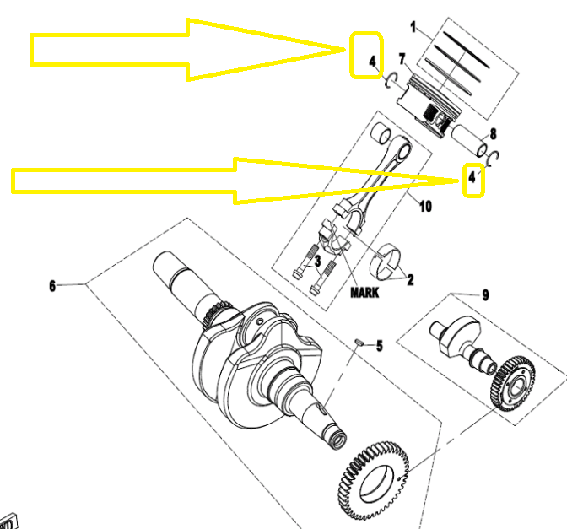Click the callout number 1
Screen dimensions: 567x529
point(413,27)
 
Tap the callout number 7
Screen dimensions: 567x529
point(402,59)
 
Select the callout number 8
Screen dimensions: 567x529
point(494,134)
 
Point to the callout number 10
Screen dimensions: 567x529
point(425,207)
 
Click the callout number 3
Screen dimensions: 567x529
point(317,261)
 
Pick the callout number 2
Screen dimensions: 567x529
point(410,279)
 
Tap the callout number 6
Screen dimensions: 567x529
point(52,286)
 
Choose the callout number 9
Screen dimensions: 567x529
point(485,295)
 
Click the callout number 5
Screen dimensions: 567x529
point(380,346)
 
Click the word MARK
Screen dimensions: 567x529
point(364,293)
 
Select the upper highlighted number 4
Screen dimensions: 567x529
point(372,62)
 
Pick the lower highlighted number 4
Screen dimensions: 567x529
point(472,177)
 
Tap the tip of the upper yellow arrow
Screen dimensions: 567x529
point(345,50)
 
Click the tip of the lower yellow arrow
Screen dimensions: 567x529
point(459,181)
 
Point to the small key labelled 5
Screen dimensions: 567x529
point(359,342)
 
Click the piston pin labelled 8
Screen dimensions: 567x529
point(469,141)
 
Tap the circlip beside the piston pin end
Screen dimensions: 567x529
point(494,158)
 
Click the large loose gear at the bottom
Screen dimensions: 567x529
point(374,481)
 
